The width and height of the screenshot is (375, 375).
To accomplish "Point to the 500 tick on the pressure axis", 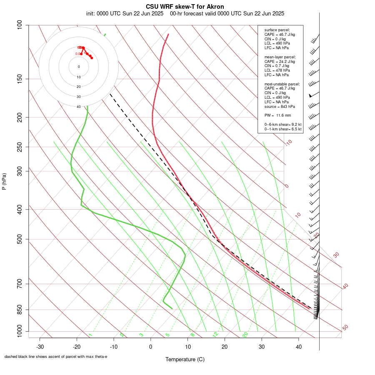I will [20, 239].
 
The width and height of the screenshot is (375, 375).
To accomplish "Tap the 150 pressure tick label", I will [20, 79].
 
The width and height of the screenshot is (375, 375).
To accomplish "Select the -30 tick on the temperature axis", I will [40, 346].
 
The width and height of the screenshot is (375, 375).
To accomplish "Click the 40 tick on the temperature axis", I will [299, 346].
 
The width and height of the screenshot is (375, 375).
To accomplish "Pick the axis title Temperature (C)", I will [185, 359].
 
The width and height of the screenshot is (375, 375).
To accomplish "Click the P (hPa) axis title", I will [4, 182].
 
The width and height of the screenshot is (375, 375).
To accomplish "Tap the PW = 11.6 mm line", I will [277, 115].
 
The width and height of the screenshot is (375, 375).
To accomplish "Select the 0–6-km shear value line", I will [283, 124].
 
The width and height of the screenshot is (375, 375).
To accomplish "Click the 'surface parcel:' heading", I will [277, 30].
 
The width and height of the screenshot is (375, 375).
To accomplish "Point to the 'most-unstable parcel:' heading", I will [282, 84].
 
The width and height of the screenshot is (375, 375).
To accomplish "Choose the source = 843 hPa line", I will [279, 106].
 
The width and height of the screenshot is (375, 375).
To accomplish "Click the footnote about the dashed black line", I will [56, 357].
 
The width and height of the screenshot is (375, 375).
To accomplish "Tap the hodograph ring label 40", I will [79, 107].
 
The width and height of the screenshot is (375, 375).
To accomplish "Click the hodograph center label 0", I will [79, 67].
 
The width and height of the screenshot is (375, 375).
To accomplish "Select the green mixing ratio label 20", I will [245, 335].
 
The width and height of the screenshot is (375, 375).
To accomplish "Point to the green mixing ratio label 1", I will [90, 335].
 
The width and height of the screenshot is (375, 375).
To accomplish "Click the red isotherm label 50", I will [345, 328].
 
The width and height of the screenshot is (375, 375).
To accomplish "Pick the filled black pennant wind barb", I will [310, 95].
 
